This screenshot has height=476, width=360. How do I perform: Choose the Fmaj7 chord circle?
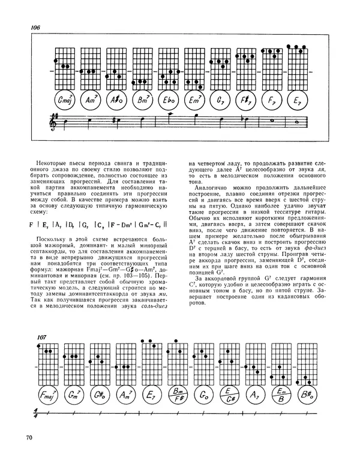point(47,394)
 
